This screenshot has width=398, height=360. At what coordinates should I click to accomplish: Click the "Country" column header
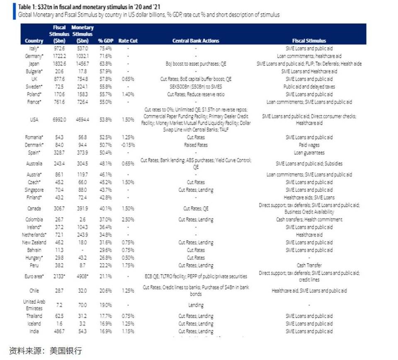click(x=34, y=41)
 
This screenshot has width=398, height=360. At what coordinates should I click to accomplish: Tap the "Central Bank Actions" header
click(x=195, y=41)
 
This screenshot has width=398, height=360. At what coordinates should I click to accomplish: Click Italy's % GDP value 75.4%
click(x=105, y=48)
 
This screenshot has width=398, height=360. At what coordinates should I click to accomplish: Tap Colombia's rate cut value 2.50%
click(x=127, y=220)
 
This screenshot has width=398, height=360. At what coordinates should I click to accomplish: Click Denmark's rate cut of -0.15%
click(x=127, y=145)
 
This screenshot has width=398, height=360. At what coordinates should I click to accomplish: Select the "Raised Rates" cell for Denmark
click(x=196, y=145)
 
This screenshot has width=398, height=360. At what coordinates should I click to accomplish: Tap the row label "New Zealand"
click(x=34, y=242)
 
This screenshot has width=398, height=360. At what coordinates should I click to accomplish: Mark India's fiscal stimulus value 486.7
click(x=59, y=331)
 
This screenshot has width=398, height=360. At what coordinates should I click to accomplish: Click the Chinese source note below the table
click(x=46, y=350)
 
